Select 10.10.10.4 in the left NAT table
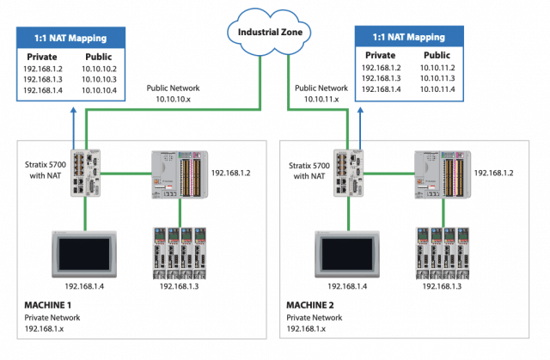click(101, 89)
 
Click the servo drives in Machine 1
click(180, 250)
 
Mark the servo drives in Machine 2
click(443, 250)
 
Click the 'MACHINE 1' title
click(51, 305)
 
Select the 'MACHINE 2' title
click(314, 305)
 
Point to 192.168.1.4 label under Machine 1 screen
click(86, 285)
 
